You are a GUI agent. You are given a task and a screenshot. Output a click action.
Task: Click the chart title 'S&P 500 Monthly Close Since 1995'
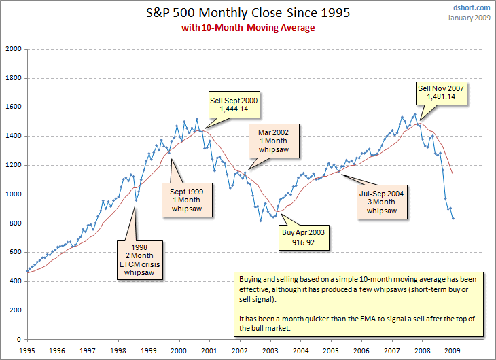click(247, 13)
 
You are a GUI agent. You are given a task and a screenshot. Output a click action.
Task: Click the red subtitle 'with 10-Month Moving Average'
click(247, 28)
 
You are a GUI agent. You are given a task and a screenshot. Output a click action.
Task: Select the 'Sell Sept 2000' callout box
click(233, 106)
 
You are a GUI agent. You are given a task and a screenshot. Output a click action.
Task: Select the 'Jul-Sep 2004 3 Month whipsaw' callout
click(381, 202)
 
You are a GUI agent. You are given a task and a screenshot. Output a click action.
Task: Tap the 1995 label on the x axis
click(26, 350)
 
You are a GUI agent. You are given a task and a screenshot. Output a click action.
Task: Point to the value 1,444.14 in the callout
click(233, 111)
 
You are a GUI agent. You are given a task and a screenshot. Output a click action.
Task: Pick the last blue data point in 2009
click(453, 218)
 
